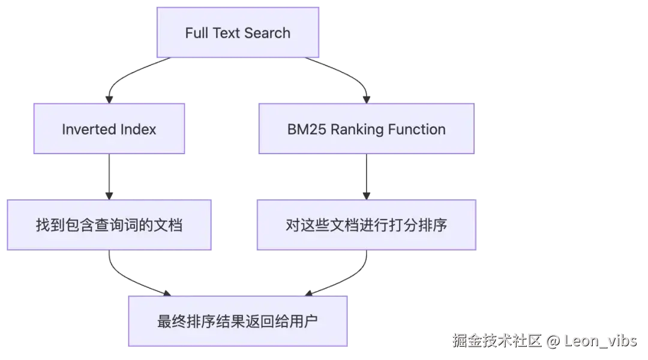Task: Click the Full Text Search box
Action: [238, 33]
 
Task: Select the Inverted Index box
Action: [109, 129]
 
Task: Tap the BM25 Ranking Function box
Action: [366, 129]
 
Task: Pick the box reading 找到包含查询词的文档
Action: [110, 226]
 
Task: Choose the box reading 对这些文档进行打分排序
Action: [367, 226]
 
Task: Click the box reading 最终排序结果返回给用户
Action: [238, 321]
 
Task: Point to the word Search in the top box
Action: [267, 33]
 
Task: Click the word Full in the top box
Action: [196, 33]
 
